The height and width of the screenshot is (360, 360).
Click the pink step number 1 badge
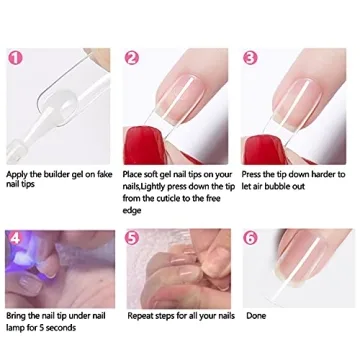[15, 57]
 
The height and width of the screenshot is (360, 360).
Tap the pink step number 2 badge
[133, 57]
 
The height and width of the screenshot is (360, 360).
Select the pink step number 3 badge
[251, 57]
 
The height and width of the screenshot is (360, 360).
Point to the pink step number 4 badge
[15, 238]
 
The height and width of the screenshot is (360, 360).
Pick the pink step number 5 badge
[133, 238]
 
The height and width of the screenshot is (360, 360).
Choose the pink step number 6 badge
[251, 238]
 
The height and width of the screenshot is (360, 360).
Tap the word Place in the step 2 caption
[137, 175]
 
